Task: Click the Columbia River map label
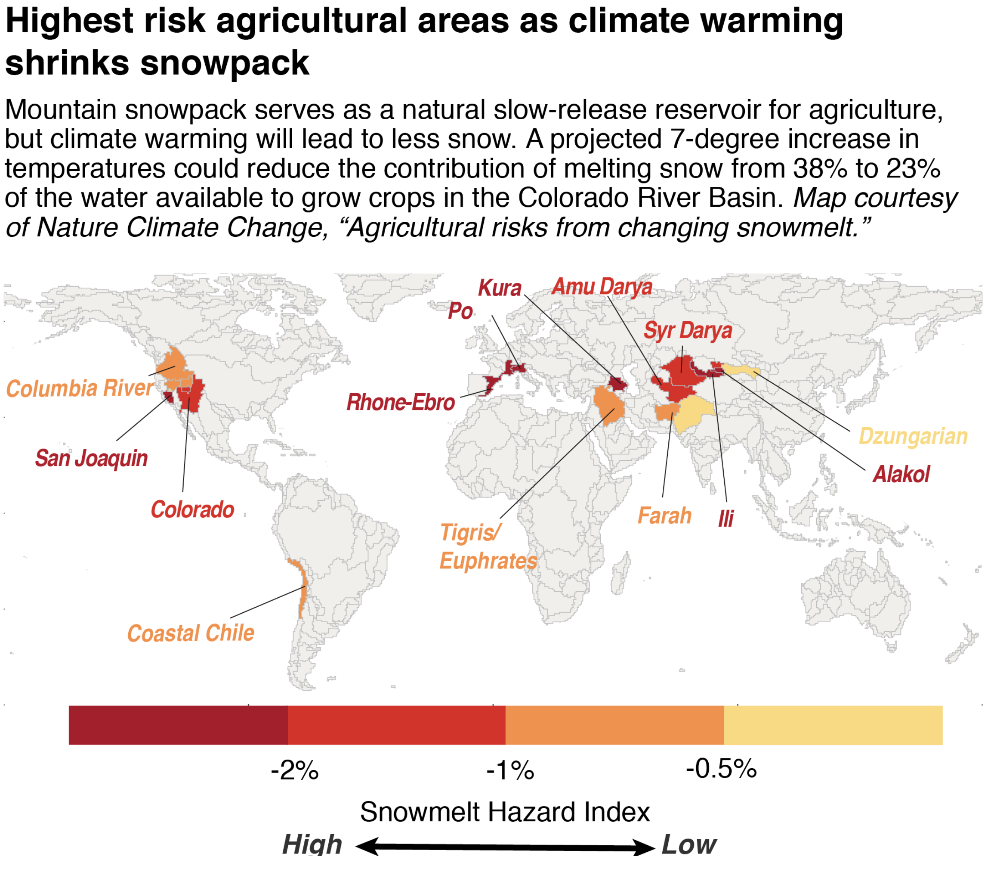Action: pyautogui.click(x=80, y=389)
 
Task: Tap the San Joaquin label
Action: pyautogui.click(x=91, y=458)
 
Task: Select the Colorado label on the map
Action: pyautogui.click(x=192, y=510)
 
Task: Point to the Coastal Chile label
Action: pyautogui.click(x=191, y=633)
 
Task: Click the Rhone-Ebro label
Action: pyautogui.click(x=400, y=403)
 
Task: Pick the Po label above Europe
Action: pyautogui.click(x=460, y=311)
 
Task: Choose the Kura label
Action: pyautogui.click(x=499, y=289)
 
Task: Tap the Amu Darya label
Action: pyautogui.click(x=602, y=287)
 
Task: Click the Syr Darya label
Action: pyautogui.click(x=687, y=331)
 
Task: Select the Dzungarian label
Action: pyautogui.click(x=913, y=437)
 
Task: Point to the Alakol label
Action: pyautogui.click(x=901, y=474)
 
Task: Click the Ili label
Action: pyautogui.click(x=725, y=519)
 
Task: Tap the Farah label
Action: pyautogui.click(x=664, y=515)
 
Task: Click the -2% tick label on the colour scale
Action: pyautogui.click(x=295, y=770)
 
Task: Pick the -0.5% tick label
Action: pyautogui.click(x=721, y=769)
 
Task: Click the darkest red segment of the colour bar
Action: pyautogui.click(x=178, y=726)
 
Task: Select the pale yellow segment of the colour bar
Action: pyautogui.click(x=833, y=726)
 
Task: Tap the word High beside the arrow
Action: pyautogui.click(x=312, y=845)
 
